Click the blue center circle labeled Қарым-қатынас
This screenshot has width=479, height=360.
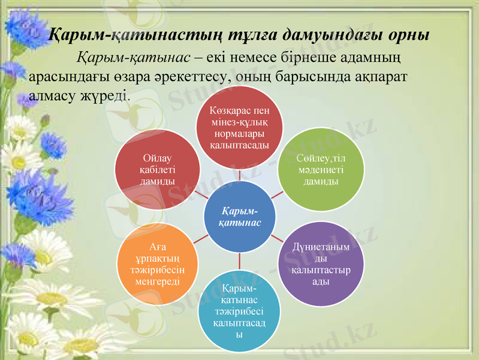point(240,217)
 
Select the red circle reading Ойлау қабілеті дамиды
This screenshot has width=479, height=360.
point(157,169)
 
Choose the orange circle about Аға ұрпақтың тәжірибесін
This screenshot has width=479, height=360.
point(157,265)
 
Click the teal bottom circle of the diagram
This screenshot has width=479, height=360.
point(239,311)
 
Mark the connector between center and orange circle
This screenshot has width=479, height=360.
point(201,239)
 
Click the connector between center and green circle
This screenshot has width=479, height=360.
point(277,194)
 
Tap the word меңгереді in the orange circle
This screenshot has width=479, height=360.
point(157,280)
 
